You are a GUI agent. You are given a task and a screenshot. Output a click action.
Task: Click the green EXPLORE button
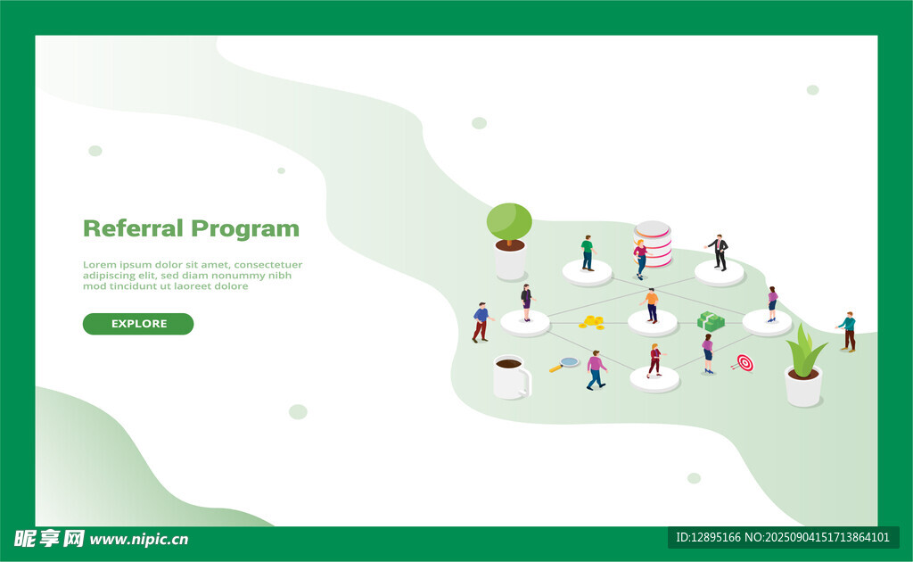point(138,324)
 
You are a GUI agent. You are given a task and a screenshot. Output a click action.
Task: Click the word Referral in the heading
point(134,228)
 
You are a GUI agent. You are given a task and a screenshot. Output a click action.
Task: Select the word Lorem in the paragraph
point(100,265)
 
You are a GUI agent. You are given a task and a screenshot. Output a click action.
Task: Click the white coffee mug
point(512,377)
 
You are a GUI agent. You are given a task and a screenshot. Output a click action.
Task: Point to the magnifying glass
point(563,365)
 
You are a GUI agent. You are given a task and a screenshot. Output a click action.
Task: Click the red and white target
point(744,363)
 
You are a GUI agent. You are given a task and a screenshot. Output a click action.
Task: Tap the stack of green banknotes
point(711,321)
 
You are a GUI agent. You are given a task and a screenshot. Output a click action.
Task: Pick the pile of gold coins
point(592,322)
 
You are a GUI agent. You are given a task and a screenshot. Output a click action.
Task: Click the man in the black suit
point(720,252)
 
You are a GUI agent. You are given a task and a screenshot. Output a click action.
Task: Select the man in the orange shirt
point(652,305)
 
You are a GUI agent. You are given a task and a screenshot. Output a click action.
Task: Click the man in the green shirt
point(588,252)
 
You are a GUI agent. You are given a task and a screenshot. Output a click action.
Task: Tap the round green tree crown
point(509,221)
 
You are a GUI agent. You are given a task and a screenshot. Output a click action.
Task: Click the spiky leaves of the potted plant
point(805,351)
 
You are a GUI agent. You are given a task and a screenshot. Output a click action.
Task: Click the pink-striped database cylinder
point(654,244)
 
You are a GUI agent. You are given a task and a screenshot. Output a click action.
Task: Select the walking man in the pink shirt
point(596,370)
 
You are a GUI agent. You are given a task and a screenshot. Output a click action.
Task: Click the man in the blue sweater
point(481,322)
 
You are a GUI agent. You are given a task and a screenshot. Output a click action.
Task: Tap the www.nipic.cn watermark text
point(139,540)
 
